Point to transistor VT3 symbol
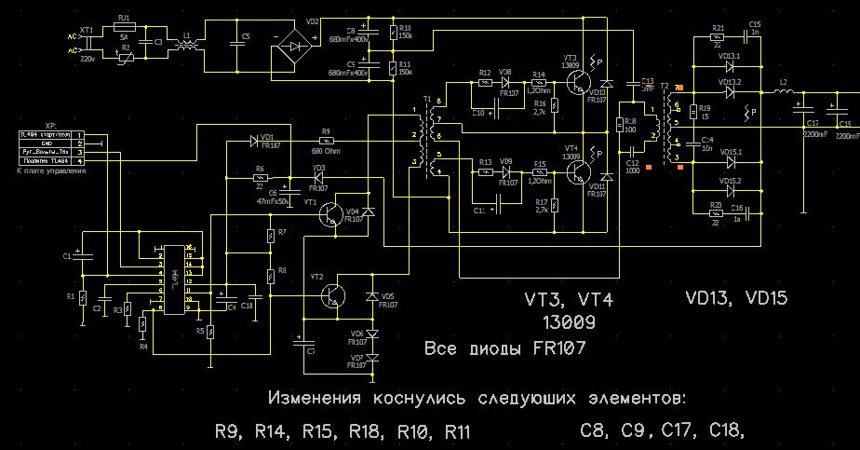tap(573, 83)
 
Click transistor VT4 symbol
tap(573, 171)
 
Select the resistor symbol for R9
tap(325, 142)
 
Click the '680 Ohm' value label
tap(326, 151)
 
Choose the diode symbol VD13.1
tap(730, 66)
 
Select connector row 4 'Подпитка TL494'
tap(47, 161)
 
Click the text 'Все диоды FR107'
tap(504, 349)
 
